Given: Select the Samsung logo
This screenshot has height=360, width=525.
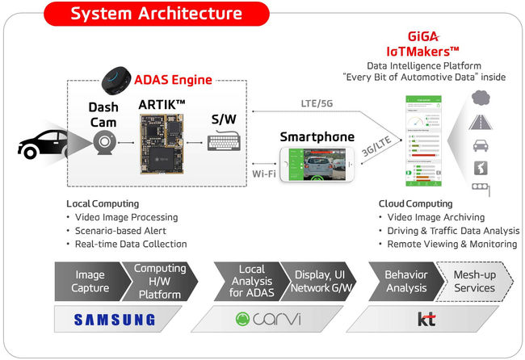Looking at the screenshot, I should point(115,319).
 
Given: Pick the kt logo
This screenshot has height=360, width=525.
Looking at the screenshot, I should point(426,319).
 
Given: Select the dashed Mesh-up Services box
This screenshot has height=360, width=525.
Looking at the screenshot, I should point(474,280).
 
